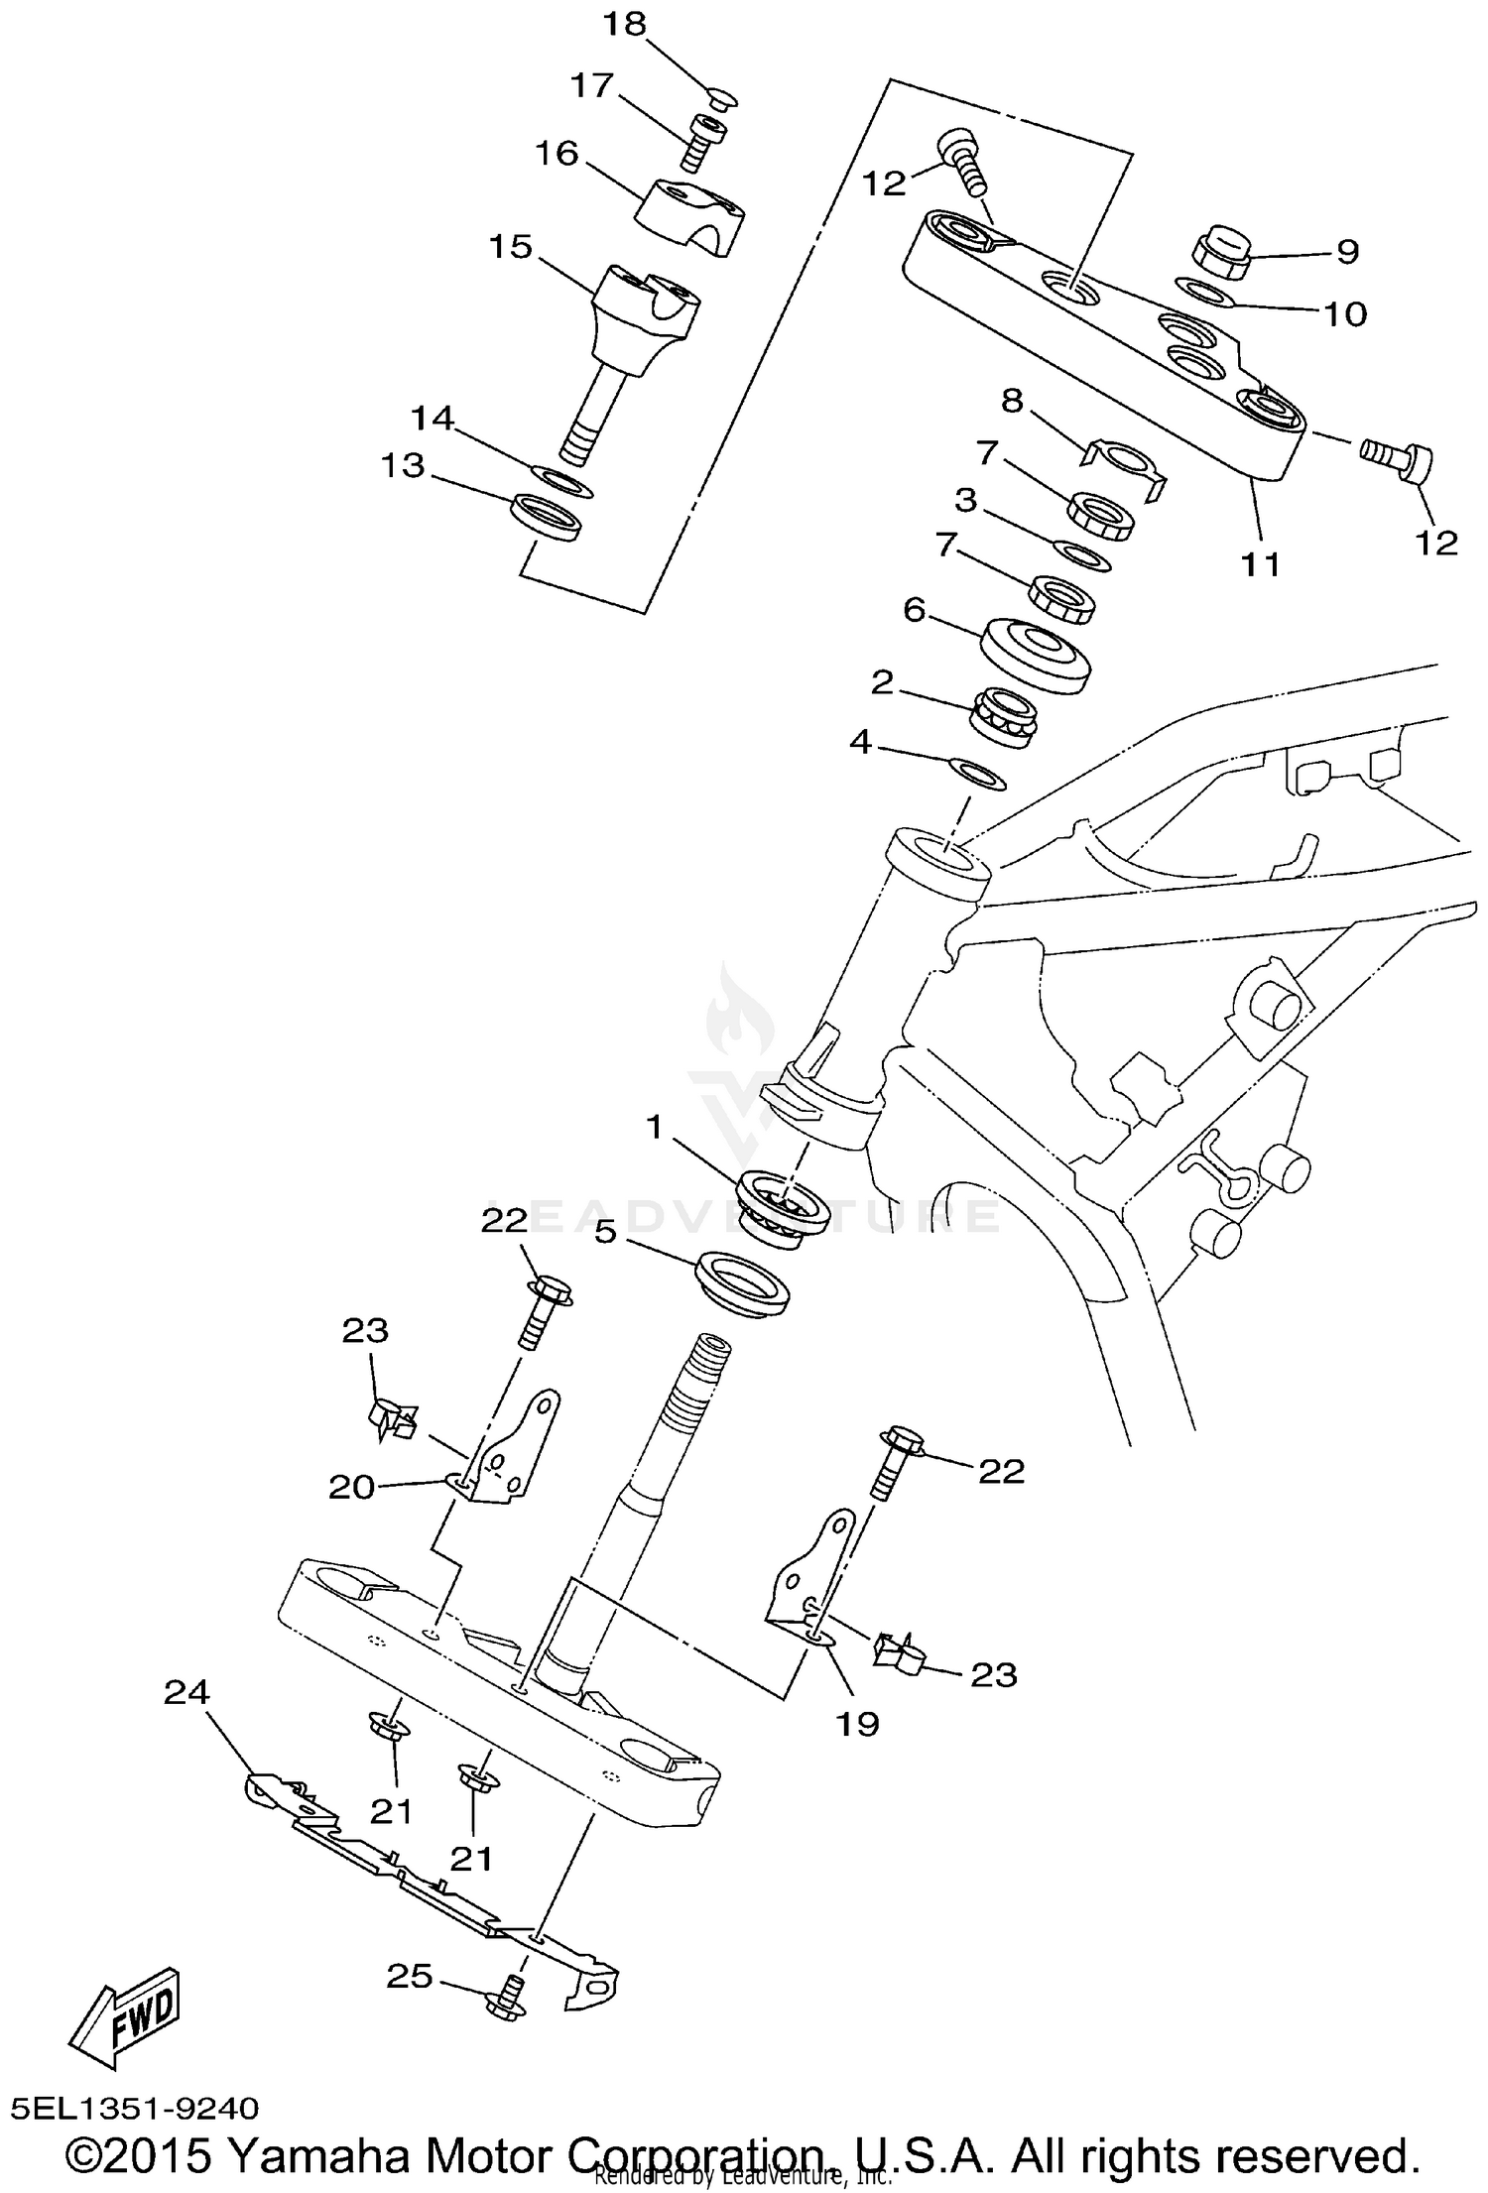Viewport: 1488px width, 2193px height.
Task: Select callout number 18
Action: click(625, 24)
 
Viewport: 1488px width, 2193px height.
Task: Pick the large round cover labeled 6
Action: click(1036, 654)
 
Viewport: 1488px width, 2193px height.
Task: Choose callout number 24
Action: click(187, 1691)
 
